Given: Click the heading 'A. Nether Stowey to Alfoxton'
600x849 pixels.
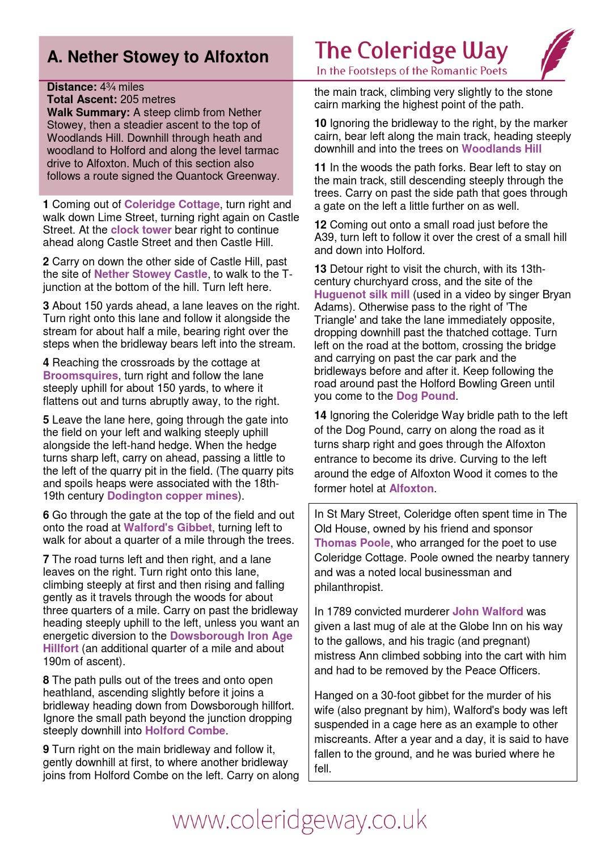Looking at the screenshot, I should coord(158,57).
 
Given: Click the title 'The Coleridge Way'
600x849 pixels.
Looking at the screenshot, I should coord(411,51).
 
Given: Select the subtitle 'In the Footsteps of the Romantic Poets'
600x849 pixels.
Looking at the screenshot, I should coord(411,71).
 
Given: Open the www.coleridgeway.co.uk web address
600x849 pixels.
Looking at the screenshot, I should coord(299,820).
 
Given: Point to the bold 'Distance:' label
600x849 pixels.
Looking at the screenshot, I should coord(72,87).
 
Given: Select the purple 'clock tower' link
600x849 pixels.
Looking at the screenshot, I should coord(141,230).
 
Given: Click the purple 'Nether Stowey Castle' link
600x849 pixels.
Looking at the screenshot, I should coord(150,274).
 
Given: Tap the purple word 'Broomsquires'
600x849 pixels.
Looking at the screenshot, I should coord(80,376).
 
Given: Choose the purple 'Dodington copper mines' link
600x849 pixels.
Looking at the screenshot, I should coord(172,496).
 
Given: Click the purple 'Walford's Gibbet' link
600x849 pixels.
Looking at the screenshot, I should coord(167,528).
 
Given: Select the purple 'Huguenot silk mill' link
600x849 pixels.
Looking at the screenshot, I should coord(361,295).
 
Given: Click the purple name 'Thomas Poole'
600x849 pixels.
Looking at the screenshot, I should coord(352,543).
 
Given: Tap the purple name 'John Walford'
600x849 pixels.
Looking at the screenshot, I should coord(487,612).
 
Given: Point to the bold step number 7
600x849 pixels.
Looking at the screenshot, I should coord(46,560).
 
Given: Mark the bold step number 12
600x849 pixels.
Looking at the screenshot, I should coord(320,225).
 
